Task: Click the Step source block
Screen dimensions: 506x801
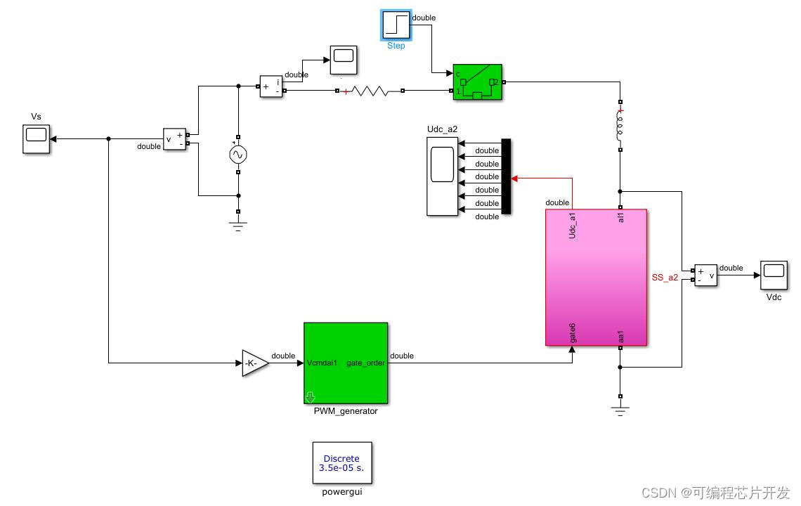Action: click(396, 25)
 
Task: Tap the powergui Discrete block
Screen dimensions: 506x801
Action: click(342, 462)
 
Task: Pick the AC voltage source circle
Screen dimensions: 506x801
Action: click(238, 155)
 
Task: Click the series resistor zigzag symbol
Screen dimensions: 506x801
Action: click(370, 91)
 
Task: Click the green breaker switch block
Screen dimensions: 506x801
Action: click(477, 82)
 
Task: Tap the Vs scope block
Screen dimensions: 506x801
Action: click(36, 138)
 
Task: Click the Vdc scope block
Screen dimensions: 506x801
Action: click(774, 275)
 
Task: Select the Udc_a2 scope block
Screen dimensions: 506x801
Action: click(442, 176)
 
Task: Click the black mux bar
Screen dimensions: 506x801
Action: click(506, 176)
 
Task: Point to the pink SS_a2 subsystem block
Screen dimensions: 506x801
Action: click(596, 277)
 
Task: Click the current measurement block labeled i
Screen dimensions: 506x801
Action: click(271, 86)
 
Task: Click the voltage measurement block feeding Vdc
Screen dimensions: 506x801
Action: click(705, 275)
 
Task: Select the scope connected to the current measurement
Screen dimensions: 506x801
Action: click(343, 60)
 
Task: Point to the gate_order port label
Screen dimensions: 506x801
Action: click(365, 363)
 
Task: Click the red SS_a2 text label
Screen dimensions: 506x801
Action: click(665, 278)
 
